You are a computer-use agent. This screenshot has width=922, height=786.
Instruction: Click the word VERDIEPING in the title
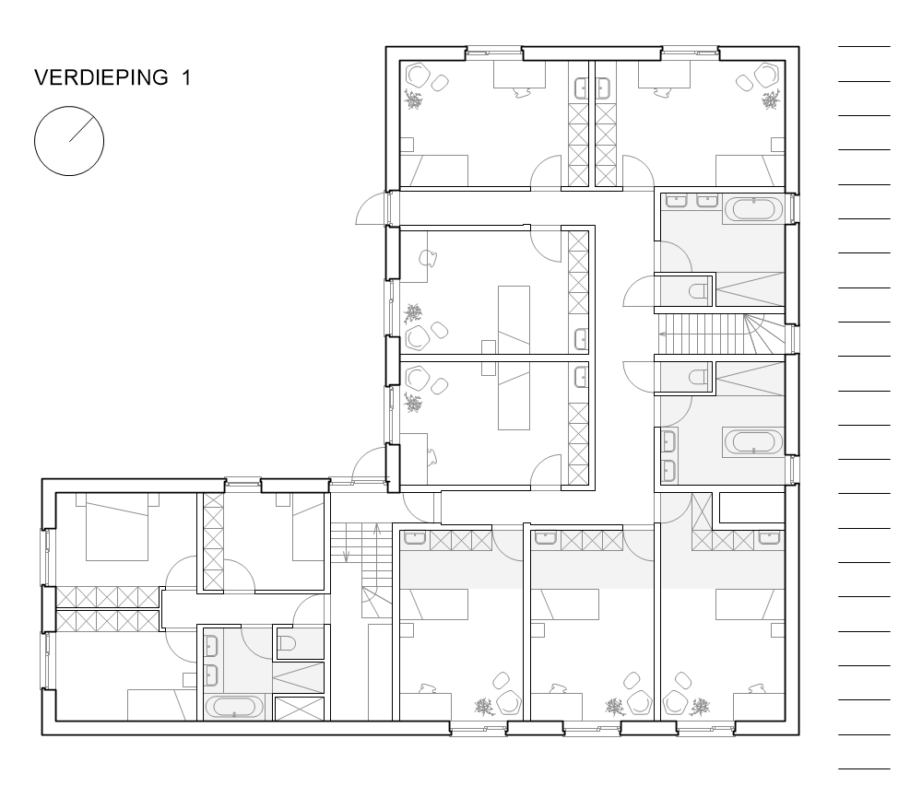(x=100, y=78)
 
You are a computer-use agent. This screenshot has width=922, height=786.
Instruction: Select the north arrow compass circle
(x=69, y=141)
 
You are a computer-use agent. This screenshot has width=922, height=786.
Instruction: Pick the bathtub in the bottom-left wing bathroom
(x=233, y=708)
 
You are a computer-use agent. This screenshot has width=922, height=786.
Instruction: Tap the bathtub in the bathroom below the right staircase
(x=753, y=441)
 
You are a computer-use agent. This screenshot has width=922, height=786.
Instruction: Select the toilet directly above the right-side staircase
(x=698, y=293)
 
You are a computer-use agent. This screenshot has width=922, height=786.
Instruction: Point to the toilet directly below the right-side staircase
(x=698, y=375)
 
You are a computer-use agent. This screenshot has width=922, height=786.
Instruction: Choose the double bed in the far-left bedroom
(x=117, y=533)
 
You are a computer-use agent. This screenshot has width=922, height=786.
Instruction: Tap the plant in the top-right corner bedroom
(x=767, y=100)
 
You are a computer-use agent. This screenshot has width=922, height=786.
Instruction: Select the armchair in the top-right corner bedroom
(x=765, y=74)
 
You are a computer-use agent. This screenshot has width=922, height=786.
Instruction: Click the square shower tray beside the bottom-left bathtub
(x=301, y=708)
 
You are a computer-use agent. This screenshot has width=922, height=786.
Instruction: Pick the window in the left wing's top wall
(x=243, y=481)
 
